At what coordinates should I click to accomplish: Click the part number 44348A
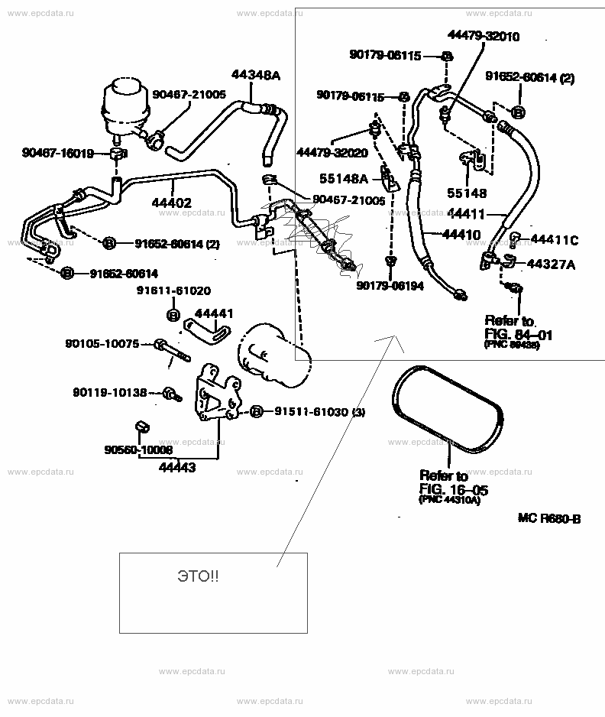coord(256,75)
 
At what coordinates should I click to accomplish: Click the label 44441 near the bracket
coord(214,313)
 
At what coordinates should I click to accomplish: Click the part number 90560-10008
coord(138,450)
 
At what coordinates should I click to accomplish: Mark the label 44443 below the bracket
coord(177,466)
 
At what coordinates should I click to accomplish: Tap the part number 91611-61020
coord(173,290)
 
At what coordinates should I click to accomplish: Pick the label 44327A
coord(551,264)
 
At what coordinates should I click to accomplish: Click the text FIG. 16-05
coord(454,489)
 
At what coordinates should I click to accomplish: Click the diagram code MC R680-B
coord(548,519)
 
